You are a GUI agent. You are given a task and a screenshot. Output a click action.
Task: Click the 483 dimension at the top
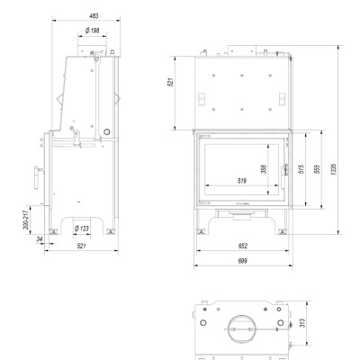94,16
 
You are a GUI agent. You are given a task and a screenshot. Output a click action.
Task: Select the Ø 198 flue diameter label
92,31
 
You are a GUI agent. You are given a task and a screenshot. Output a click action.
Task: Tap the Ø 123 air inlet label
82,229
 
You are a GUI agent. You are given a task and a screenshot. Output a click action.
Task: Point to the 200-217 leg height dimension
26,220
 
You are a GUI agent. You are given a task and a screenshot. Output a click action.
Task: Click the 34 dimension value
40,239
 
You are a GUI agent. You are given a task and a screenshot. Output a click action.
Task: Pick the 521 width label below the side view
81,246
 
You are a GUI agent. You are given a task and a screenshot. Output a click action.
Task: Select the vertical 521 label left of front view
170,82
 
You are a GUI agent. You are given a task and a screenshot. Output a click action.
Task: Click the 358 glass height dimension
264,169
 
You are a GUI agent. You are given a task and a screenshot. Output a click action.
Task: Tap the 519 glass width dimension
242,181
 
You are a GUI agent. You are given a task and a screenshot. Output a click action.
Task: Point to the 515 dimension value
301,168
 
